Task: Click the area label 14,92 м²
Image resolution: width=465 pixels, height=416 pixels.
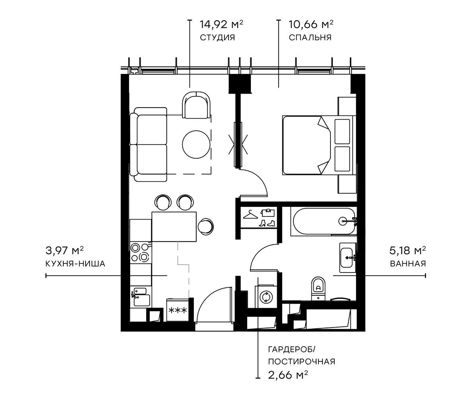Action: tap(221, 25)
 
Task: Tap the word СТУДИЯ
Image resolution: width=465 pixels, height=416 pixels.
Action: tap(217, 38)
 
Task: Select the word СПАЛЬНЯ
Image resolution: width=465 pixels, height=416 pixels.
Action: tap(310, 38)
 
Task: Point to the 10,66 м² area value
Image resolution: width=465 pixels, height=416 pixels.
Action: tap(311, 25)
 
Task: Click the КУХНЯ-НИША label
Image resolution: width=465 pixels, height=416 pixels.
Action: tap(76, 263)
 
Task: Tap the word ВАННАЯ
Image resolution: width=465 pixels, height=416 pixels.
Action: tap(408, 263)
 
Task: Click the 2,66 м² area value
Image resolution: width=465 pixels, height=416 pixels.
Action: tap(288, 375)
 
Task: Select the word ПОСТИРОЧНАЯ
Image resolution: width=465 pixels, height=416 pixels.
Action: tap(301, 362)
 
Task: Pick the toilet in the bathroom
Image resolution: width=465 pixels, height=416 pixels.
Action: tap(318, 286)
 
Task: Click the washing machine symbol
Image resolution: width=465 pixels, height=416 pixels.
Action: tap(265, 297)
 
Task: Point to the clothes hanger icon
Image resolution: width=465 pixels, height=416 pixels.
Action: tap(250, 215)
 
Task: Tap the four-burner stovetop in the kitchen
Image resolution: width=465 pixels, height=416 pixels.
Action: tap(140, 253)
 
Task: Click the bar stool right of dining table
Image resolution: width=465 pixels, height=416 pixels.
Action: tap(206, 226)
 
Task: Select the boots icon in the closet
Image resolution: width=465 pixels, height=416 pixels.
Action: tap(267, 223)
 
